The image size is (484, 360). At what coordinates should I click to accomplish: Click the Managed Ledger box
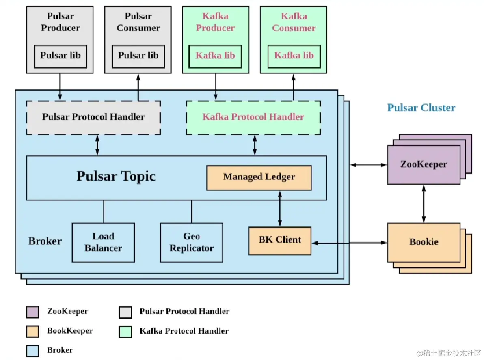coord(259,177)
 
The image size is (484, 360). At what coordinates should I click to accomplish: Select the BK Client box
coord(280,240)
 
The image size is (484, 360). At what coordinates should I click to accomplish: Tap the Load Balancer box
coord(103,242)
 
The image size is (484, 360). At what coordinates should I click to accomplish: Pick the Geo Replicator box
coord(191,242)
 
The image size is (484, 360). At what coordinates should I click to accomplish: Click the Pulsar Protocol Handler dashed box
coord(93,117)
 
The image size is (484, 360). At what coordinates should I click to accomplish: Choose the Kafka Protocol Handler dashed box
coord(253,117)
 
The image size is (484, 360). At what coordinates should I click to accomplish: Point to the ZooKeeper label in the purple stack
coord(423,164)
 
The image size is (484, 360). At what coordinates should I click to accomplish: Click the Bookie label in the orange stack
coord(423,242)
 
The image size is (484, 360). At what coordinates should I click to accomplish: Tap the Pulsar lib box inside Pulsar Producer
coord(61,56)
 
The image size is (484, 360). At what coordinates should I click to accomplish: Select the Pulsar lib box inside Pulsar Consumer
coord(138,56)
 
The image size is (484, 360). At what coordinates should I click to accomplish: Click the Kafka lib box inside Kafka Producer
coord(215,56)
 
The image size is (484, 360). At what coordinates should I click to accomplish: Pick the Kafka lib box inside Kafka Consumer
coord(294,56)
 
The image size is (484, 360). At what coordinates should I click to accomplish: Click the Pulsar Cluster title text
coord(421,108)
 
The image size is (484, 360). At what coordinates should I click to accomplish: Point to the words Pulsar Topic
coord(116,177)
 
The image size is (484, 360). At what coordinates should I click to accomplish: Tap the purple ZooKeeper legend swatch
coord(33,312)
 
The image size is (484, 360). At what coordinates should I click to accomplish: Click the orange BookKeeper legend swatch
coord(33,331)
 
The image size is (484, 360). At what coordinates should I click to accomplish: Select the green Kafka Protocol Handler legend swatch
coord(125,331)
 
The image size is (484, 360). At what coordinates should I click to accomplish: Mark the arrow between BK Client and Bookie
coord(349,243)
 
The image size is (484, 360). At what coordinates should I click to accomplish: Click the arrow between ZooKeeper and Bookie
coord(424,204)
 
